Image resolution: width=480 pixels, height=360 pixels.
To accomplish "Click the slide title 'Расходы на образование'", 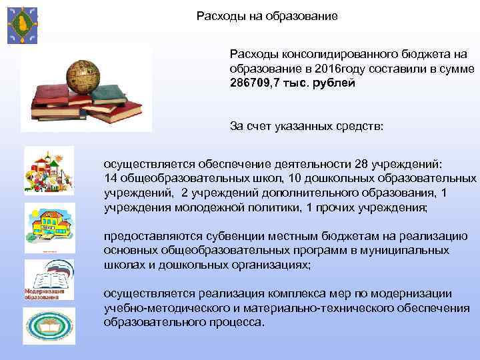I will (x=267, y=15).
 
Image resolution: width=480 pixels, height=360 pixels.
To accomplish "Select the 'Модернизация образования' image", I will (x=48, y=281).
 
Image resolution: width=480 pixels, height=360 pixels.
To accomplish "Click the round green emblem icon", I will (x=49, y=326).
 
